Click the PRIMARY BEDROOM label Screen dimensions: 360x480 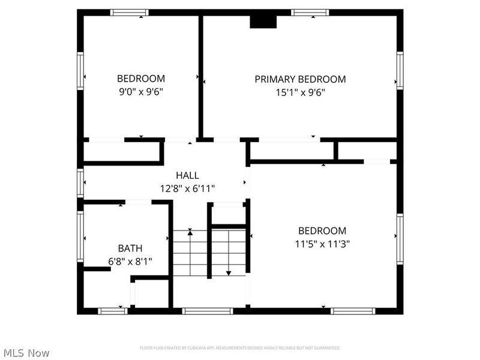click(300, 79)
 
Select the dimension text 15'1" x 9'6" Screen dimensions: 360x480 click(300, 92)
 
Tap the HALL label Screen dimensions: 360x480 click(187, 175)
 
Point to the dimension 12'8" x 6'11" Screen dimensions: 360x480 click(187, 188)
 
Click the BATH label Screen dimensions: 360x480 click(130, 248)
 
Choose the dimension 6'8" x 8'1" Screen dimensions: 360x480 click(130, 261)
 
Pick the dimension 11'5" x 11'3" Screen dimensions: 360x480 click(322, 244)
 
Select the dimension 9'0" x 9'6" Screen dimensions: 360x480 click(140, 92)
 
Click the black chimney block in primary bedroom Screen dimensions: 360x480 click(263, 22)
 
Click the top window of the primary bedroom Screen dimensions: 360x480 click(310, 12)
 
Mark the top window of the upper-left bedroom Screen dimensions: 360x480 click(130, 12)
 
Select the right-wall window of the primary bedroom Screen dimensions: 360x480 click(400, 70)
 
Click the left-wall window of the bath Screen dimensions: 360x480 click(80, 236)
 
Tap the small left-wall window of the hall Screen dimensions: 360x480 click(80, 182)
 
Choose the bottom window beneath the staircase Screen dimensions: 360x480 click(208, 311)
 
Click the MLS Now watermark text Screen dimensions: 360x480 click(26, 353)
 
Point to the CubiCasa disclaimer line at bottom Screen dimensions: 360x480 click(240, 348)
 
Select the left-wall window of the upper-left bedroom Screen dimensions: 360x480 click(80, 71)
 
